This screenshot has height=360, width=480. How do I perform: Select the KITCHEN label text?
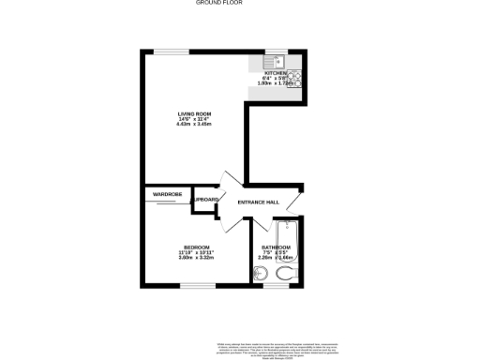(x=277, y=72)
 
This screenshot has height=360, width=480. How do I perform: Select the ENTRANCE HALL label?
(x=258, y=202)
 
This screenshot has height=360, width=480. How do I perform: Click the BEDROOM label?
(x=197, y=247)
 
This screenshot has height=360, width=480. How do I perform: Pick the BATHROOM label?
(x=277, y=247)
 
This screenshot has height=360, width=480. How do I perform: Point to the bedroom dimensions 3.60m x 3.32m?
(x=197, y=258)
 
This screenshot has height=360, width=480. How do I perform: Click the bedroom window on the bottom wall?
(x=197, y=286)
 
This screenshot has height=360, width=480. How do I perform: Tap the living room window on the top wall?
(x=169, y=51)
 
